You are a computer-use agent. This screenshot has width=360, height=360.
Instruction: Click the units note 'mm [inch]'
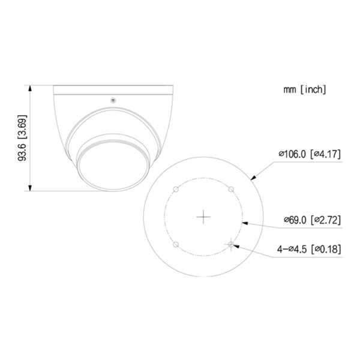305,89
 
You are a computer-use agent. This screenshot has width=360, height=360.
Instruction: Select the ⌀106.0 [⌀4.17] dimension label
310,154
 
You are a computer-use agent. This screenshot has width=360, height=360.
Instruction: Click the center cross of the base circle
204,217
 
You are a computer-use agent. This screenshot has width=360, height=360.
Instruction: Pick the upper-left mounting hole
175,190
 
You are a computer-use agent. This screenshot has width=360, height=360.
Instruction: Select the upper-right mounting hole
232,189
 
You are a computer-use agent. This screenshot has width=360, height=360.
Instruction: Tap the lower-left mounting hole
175,245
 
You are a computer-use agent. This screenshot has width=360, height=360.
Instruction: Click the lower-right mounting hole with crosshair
232,245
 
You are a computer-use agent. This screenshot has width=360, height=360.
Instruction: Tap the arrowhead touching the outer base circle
253,178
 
